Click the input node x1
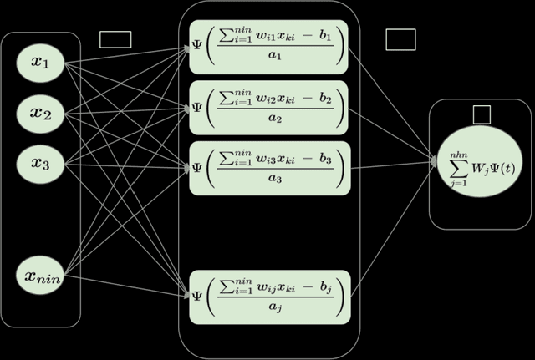[x=40, y=64]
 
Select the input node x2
[x=40, y=114]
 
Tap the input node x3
[x=40, y=164]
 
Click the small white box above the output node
[x=481, y=114]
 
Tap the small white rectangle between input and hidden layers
[x=115, y=39]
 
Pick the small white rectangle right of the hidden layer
[x=400, y=38]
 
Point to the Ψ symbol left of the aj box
[x=197, y=295]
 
